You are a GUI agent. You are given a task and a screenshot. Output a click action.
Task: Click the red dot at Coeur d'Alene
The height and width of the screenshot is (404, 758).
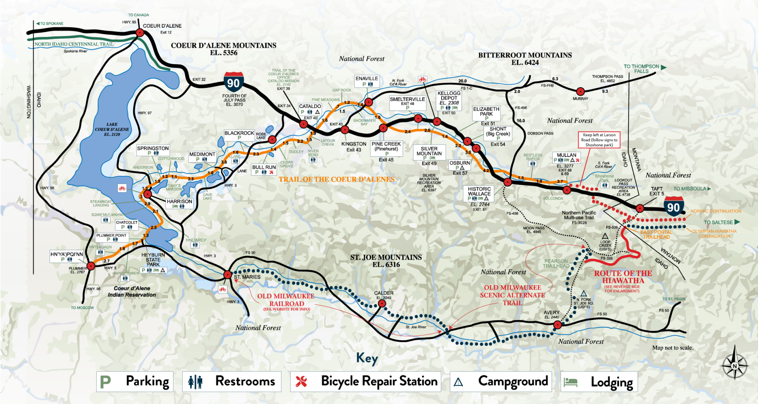(x=140, y=33)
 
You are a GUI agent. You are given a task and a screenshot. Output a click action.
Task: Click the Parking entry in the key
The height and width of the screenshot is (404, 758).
(x=134, y=381)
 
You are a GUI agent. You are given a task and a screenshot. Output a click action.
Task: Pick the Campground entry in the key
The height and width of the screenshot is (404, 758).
(x=500, y=381)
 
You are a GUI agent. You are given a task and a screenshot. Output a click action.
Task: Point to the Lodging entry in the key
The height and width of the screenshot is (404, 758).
(x=599, y=382)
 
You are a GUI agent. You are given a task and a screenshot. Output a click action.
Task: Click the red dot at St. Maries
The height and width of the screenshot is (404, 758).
(x=228, y=275)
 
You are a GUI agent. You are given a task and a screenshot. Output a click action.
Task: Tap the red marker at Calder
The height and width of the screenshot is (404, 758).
(x=382, y=304)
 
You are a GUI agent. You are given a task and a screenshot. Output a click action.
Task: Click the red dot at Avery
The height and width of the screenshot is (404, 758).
(x=557, y=325)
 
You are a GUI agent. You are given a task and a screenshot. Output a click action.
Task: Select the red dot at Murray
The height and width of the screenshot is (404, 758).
(x=580, y=91)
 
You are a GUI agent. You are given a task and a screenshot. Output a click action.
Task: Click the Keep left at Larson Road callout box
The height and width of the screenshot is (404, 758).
(x=599, y=140)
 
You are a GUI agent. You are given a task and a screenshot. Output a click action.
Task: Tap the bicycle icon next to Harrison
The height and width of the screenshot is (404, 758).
(x=122, y=188)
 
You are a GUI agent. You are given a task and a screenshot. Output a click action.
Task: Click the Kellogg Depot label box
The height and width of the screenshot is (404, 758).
(x=449, y=100)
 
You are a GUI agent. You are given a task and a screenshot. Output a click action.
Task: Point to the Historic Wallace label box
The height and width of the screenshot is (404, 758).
(x=479, y=194)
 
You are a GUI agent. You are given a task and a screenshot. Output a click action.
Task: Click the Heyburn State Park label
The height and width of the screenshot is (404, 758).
(x=153, y=260)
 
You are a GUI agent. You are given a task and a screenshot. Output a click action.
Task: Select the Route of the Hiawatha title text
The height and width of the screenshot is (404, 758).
(x=623, y=277)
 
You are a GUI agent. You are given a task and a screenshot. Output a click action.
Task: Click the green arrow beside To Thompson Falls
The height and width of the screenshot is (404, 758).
(x=664, y=67)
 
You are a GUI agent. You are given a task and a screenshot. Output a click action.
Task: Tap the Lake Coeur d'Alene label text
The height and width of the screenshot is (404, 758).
(x=112, y=129)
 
